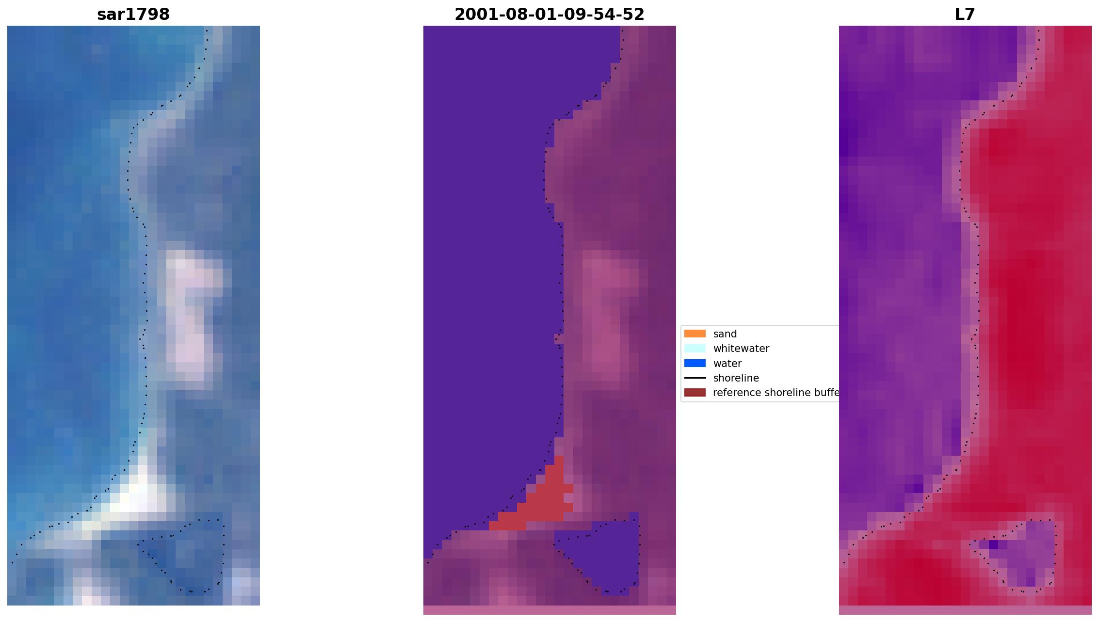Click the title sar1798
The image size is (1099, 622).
point(133,15)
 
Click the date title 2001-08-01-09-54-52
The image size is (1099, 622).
point(549,15)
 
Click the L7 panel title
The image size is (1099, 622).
point(965,15)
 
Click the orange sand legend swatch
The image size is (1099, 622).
point(695,334)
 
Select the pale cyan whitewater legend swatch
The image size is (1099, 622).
point(695,348)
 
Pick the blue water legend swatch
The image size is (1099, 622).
point(695,363)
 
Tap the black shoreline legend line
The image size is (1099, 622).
point(695,378)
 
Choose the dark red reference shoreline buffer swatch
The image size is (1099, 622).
point(695,392)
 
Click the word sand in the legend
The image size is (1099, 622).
point(725,334)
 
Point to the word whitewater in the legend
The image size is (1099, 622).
point(741,349)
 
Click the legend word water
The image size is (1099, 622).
point(727,364)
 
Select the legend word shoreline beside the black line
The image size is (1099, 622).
point(736,378)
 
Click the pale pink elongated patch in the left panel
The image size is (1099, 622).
point(189,315)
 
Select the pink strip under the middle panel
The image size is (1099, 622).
point(549,610)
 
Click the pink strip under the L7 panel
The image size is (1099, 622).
point(965,610)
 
